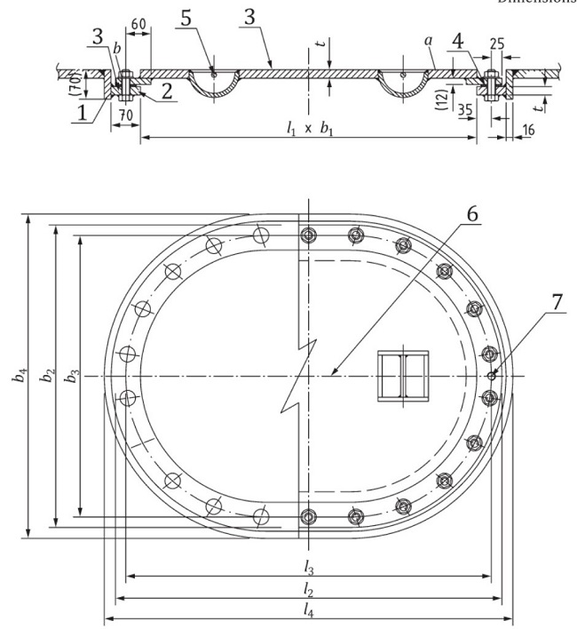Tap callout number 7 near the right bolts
(556, 302)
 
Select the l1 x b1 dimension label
(306, 130)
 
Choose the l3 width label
(307, 566)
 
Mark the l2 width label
(307, 588)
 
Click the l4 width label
(307, 610)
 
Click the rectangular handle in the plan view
(403, 374)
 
